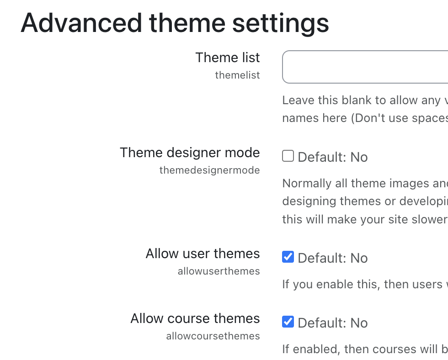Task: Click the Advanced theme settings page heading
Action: pos(175,23)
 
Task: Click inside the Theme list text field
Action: pos(365,67)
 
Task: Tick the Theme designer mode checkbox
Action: pos(288,156)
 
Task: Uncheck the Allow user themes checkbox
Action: pos(288,257)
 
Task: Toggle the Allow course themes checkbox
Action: pos(288,322)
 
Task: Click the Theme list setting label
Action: pos(228,58)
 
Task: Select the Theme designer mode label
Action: pos(190,153)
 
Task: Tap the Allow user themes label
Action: pos(203,254)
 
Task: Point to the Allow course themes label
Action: pos(195,318)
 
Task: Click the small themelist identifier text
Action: pos(238,75)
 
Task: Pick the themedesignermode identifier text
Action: pos(210,170)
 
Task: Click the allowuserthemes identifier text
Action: pos(219,271)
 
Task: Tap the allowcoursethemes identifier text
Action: pos(213,336)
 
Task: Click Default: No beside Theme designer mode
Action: pos(333,157)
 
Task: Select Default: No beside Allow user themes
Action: pos(333,258)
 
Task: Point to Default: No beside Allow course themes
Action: pos(333,323)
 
